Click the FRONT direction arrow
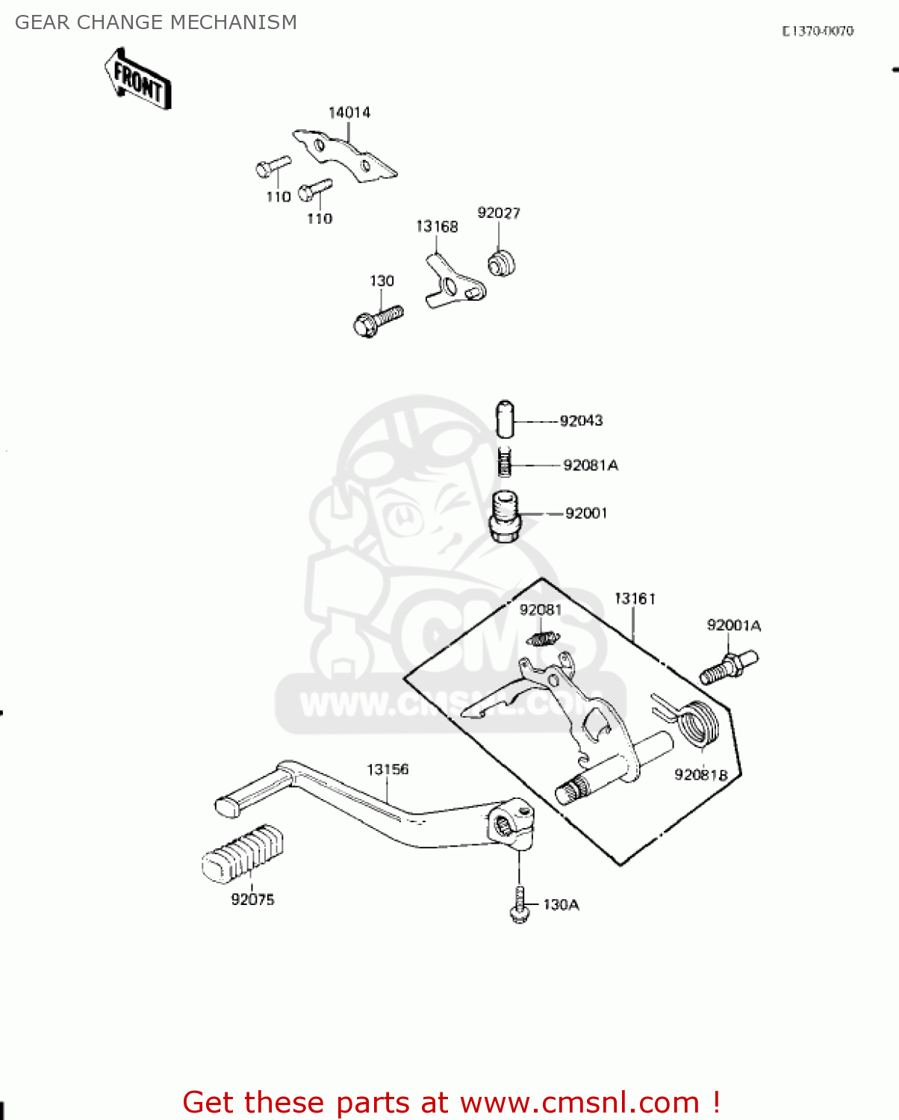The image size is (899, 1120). pyautogui.click(x=138, y=79)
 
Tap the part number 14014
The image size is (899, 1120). pyautogui.click(x=349, y=113)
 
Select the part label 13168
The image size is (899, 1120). pyautogui.click(x=437, y=226)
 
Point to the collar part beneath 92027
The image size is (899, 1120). pyautogui.click(x=503, y=264)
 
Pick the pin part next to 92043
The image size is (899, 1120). pyautogui.click(x=506, y=420)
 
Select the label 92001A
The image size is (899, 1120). pyautogui.click(x=733, y=625)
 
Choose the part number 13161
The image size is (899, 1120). pyautogui.click(x=635, y=599)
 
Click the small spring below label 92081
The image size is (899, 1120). pyautogui.click(x=543, y=638)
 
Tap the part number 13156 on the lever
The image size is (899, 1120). pyautogui.click(x=388, y=769)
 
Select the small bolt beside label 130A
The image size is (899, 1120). pyautogui.click(x=520, y=906)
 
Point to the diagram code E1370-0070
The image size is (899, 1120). pyautogui.click(x=818, y=31)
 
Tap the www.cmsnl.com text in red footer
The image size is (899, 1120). pyautogui.click(x=579, y=1102)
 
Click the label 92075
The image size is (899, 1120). pyautogui.click(x=252, y=900)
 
